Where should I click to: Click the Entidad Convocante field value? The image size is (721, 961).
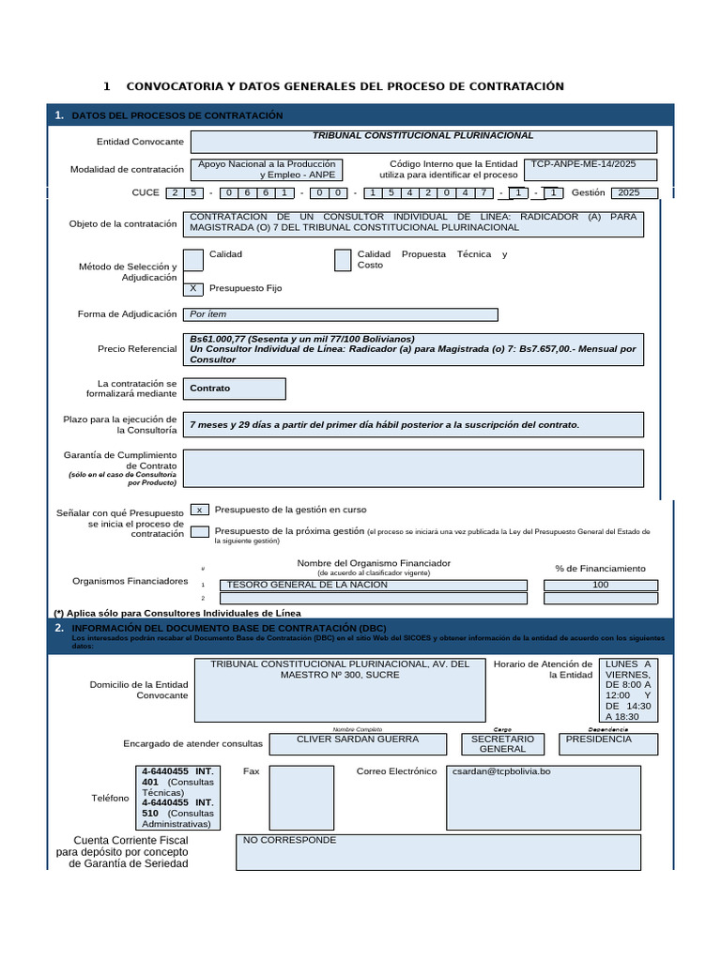pyautogui.click(x=423, y=142)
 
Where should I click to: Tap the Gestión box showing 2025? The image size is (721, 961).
pyautogui.click(x=634, y=193)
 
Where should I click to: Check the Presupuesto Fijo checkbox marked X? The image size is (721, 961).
pyautogui.click(x=192, y=289)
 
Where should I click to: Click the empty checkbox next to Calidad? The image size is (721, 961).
pyautogui.click(x=192, y=260)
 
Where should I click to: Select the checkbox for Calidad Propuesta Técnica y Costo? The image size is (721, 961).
pyautogui.click(x=343, y=260)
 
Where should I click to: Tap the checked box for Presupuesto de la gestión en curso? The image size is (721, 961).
pyautogui.click(x=199, y=510)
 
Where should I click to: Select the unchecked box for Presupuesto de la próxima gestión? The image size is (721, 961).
pyautogui.click(x=199, y=531)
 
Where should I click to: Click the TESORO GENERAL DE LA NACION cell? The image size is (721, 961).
pyautogui.click(x=373, y=585)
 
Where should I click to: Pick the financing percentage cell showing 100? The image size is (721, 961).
pyautogui.click(x=601, y=585)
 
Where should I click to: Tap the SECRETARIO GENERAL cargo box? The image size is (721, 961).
pyautogui.click(x=503, y=744)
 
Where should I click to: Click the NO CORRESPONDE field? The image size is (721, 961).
pyautogui.click(x=437, y=852)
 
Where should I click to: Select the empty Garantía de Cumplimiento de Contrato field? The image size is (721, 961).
pyautogui.click(x=415, y=468)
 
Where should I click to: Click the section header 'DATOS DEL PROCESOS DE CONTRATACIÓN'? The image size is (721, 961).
pyautogui.click(x=177, y=115)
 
